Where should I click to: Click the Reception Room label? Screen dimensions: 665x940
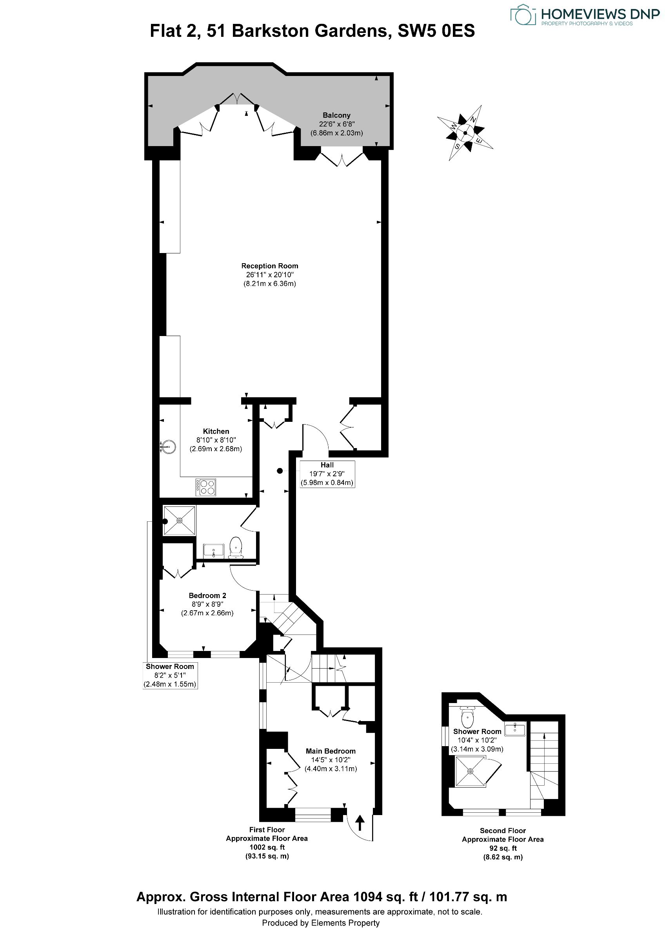coord(270,266)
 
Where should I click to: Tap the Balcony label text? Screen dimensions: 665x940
coord(336,116)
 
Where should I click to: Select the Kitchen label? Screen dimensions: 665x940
coord(216,431)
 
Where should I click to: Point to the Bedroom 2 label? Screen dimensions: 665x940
coord(207,595)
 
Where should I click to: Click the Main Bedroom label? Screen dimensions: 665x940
coord(331,751)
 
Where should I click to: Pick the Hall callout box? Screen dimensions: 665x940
coord(327,474)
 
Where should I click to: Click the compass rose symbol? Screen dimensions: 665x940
coord(465,133)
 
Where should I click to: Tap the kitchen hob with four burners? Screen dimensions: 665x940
coord(206,487)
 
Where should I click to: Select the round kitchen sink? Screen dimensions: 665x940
coord(168,446)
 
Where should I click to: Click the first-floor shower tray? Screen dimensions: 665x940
coord(180,520)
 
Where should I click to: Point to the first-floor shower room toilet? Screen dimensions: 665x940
coord(236,548)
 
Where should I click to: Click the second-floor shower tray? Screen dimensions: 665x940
coord(471,771)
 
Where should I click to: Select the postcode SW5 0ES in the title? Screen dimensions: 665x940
coord(436,31)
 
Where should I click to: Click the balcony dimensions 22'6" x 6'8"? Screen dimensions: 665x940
coord(336,124)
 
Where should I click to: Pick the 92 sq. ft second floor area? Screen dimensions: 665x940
coord(503,848)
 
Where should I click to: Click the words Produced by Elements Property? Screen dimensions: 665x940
coord(321,922)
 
